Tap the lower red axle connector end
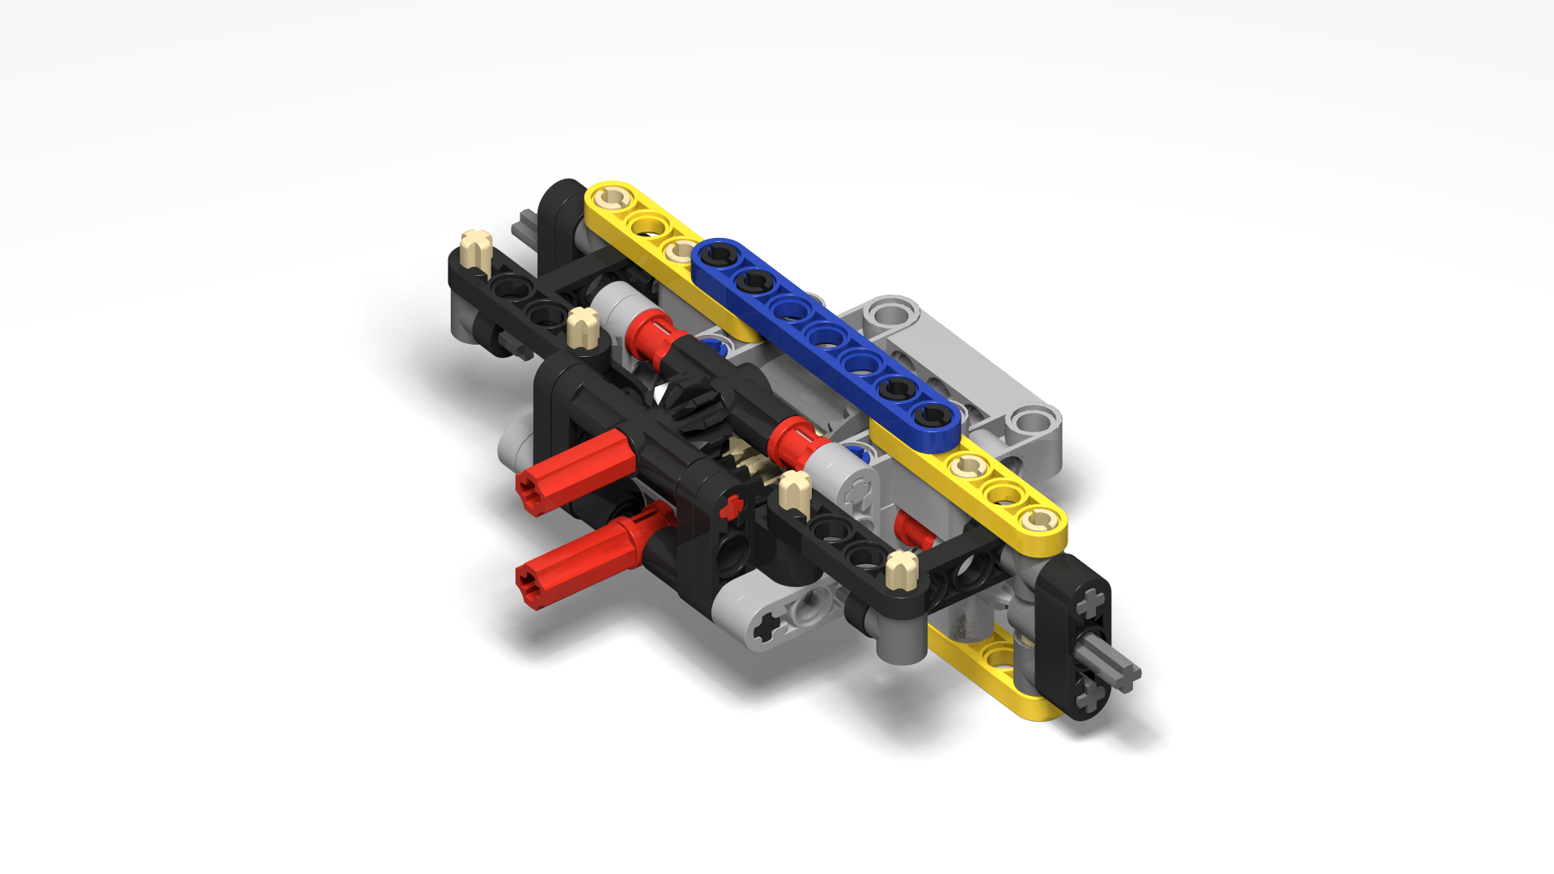pyautogui.click(x=534, y=585)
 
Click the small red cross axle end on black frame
pyautogui.click(x=732, y=507)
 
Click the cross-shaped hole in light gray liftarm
pyautogui.click(x=764, y=626)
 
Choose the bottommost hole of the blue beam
pyautogui.click(x=932, y=418)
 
